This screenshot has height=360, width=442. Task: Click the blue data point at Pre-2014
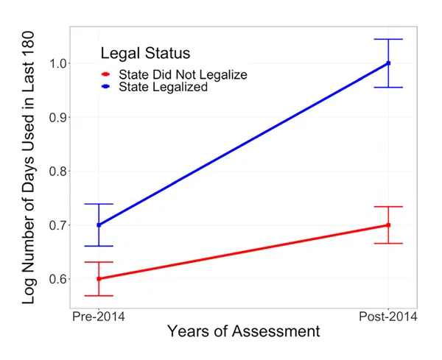click(x=99, y=225)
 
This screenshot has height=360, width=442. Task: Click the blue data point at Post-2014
click(x=388, y=63)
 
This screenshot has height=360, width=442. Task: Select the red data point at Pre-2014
click(x=99, y=279)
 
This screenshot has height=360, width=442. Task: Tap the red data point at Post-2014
click(x=388, y=225)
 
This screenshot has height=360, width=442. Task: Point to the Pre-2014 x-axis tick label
click(x=99, y=317)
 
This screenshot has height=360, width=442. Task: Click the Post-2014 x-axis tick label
click(x=388, y=317)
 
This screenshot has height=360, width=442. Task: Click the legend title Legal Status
click(x=145, y=54)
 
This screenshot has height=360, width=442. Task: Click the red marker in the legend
click(x=106, y=74)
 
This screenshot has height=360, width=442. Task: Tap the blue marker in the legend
click(x=106, y=87)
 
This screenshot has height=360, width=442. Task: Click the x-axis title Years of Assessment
click(x=243, y=332)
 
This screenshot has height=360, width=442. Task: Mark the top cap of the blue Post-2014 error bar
click(x=388, y=39)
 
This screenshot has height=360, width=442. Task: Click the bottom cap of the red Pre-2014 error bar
click(x=99, y=295)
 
